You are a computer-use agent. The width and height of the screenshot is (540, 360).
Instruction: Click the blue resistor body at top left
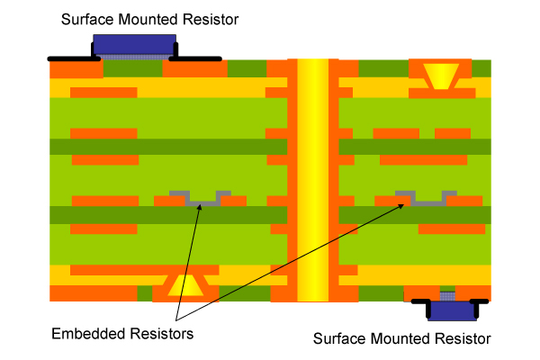(135, 43)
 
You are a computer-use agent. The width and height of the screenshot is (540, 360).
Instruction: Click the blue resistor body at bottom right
(453, 310)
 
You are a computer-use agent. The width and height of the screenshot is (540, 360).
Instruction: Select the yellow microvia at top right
(440, 74)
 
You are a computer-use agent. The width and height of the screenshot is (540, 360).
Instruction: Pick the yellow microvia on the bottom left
(185, 286)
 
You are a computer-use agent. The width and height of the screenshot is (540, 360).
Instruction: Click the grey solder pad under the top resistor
(135, 56)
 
